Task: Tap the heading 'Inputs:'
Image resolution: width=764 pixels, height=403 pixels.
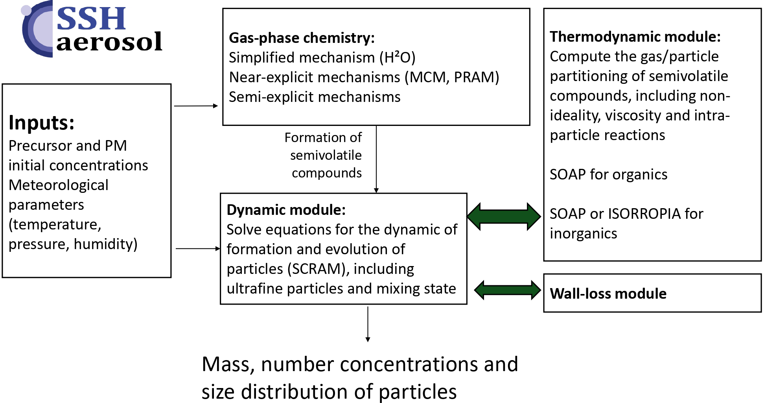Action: [41, 122]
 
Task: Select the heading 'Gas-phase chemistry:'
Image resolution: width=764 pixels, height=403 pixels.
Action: [302, 38]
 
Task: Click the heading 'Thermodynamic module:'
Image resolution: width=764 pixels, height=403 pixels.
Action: [635, 37]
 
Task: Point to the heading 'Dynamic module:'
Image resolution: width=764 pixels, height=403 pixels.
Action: [286, 210]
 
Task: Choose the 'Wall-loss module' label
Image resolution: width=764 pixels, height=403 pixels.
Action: [608, 294]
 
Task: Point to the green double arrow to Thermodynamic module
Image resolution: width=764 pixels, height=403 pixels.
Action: [504, 216]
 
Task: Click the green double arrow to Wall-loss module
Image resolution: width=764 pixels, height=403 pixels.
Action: [507, 290]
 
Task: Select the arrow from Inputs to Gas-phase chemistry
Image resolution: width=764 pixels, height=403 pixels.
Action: [196, 106]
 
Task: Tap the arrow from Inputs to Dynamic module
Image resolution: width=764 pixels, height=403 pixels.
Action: [198, 249]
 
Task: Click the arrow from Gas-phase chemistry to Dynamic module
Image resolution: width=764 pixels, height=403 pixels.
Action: [376, 159]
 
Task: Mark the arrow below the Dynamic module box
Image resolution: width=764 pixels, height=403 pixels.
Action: [368, 324]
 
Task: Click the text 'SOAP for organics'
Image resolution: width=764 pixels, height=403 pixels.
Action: [608, 174]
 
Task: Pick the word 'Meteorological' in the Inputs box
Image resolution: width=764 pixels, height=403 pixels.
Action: [58, 185]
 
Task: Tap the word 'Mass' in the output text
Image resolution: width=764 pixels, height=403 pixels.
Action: [225, 364]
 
